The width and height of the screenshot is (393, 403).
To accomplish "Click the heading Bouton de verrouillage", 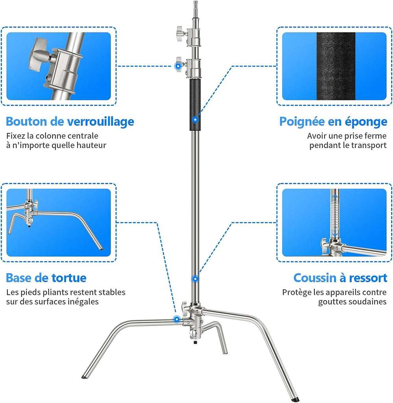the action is [x=70, y=122].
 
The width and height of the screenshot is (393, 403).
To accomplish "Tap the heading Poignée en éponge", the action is [x=333, y=122].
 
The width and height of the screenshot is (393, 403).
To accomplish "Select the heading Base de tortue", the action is [x=46, y=278].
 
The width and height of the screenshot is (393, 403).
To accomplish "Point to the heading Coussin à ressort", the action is [x=340, y=278].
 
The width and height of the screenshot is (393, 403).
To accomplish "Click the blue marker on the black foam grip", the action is [x=195, y=120].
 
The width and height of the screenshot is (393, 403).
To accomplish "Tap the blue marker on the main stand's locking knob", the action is [x=178, y=66].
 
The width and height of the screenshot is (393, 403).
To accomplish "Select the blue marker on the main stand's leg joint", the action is [x=177, y=320].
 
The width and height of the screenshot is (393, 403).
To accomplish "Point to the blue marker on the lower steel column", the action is [x=195, y=279].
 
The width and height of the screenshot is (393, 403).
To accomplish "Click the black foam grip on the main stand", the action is [x=195, y=105].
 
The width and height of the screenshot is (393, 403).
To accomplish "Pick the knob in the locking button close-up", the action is [x=39, y=55].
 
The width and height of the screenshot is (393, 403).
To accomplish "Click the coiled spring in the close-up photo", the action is [x=335, y=215].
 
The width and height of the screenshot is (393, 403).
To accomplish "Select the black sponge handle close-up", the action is [x=336, y=66].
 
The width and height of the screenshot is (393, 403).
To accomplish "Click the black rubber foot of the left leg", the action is [x=84, y=377].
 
